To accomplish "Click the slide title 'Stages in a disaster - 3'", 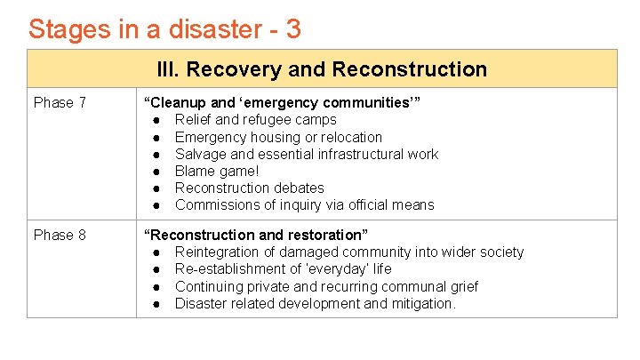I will point(164,29).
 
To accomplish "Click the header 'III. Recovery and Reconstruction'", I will point(322,69).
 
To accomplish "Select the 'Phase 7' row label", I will point(60,103).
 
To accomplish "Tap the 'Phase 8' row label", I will point(60,236).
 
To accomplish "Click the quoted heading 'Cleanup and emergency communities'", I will point(282,103).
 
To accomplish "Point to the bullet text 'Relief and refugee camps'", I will point(255,120).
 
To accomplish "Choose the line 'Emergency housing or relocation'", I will point(278,137).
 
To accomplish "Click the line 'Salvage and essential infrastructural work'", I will point(306,154).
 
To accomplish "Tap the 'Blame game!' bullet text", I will point(217,171).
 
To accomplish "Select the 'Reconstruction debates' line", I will point(249,188).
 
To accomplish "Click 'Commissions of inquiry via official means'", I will point(304,204).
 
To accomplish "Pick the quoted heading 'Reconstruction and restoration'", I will point(257,236).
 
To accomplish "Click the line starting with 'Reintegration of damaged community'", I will point(349,252).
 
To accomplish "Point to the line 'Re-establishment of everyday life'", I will point(283,269).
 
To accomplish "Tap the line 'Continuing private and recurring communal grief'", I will point(326,286).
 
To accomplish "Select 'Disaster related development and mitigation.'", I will point(316,303).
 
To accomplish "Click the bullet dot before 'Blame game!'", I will point(156,171).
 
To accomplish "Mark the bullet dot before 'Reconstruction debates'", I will point(156,188).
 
